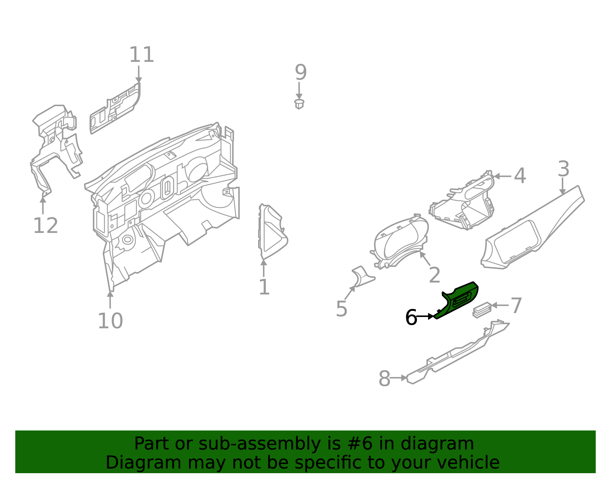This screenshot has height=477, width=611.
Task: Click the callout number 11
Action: click(141, 55)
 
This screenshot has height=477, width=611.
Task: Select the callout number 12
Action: click(45, 226)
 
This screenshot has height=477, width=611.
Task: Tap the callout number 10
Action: click(110, 321)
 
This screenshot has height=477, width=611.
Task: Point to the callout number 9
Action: click(301, 72)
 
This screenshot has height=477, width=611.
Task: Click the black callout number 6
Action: click(411, 317)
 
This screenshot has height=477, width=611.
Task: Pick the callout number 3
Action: click(563, 169)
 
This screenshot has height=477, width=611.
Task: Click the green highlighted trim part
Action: click(458, 300)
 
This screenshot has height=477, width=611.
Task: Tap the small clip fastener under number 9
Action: click(299, 104)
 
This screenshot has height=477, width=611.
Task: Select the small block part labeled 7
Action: click(482, 310)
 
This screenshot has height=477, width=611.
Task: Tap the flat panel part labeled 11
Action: click(115, 109)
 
